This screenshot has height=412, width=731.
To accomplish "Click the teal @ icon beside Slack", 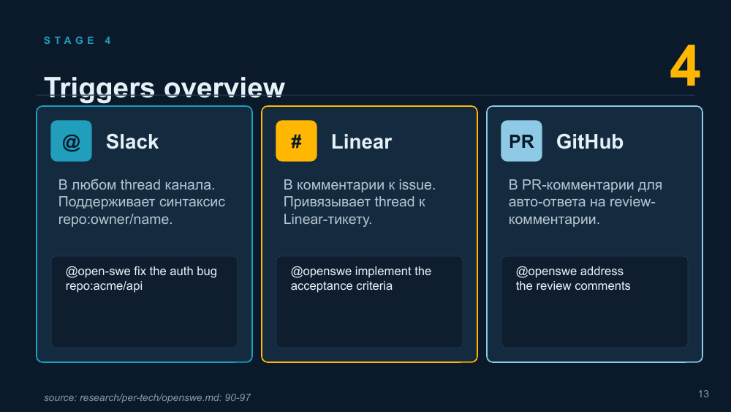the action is pyautogui.click(x=72, y=141).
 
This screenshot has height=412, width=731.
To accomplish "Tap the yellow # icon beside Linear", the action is pyautogui.click(x=297, y=141).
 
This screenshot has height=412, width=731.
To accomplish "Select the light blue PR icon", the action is pyautogui.click(x=522, y=141).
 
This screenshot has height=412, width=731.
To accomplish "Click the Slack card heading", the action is pyautogui.click(x=132, y=142).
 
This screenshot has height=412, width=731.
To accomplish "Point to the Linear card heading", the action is pyautogui.click(x=361, y=142).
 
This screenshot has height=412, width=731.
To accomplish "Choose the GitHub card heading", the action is pyautogui.click(x=590, y=142).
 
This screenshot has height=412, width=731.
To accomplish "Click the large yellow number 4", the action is pyautogui.click(x=685, y=67).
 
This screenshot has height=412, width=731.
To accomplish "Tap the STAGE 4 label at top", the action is pyautogui.click(x=77, y=40).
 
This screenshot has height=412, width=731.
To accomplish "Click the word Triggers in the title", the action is pyautogui.click(x=99, y=88).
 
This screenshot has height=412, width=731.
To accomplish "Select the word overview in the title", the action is pyautogui.click(x=224, y=88).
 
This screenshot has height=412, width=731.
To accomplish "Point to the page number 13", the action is pyautogui.click(x=703, y=394).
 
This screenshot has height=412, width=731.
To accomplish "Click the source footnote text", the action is pyautogui.click(x=148, y=397).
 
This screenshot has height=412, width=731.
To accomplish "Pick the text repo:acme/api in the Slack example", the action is pyautogui.click(x=104, y=286).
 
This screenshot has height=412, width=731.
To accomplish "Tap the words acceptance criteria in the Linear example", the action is pyautogui.click(x=341, y=286).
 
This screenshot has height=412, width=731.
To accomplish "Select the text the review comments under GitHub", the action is pyautogui.click(x=573, y=286).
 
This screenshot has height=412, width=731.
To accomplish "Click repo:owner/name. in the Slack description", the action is pyautogui.click(x=115, y=220).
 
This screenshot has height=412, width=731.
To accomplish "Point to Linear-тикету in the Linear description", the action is pyautogui.click(x=327, y=220).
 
